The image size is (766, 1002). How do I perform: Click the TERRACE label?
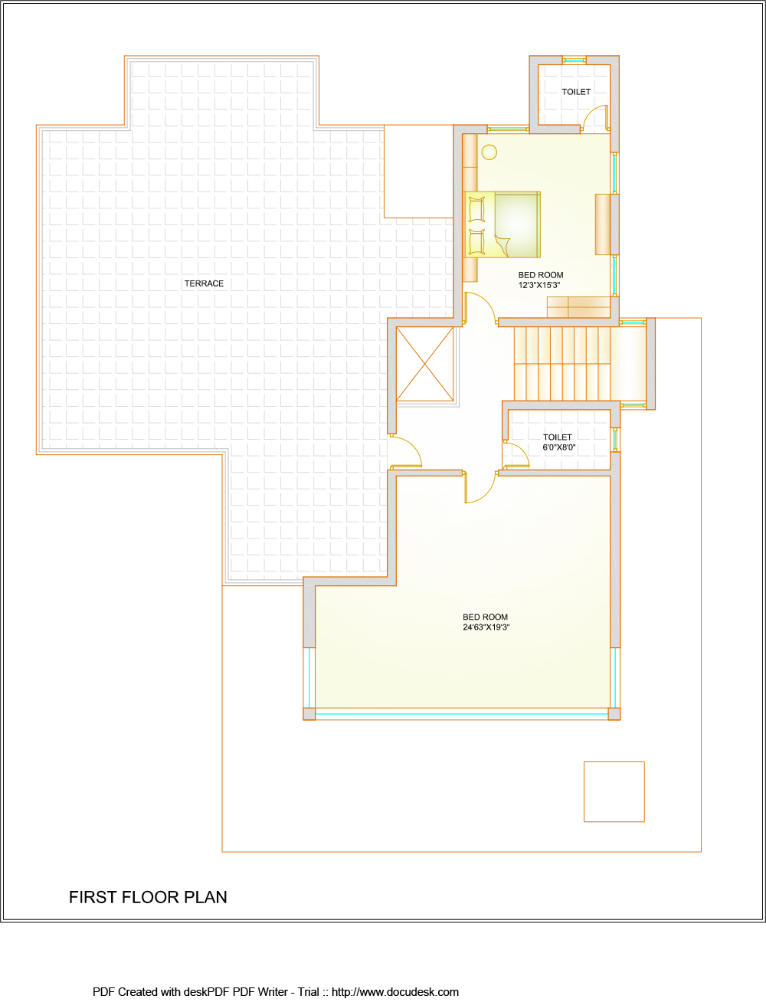tap(204, 283)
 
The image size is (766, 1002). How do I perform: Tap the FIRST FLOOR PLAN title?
tap(148, 897)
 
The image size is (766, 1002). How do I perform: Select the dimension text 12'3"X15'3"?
tap(539, 285)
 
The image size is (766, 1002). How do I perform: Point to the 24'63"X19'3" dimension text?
tap(486, 627)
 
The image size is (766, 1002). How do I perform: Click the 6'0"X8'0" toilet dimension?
tap(558, 447)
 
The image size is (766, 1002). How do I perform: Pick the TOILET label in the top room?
tap(576, 92)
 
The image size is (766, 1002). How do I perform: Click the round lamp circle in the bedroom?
tap(489, 152)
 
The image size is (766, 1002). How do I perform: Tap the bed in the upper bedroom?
tap(502, 224)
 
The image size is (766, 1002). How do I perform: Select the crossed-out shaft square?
tap(425, 364)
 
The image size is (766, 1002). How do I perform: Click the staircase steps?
tap(562, 364)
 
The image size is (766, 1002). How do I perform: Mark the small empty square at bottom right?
tap(614, 792)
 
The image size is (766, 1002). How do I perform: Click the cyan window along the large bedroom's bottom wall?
tap(462, 714)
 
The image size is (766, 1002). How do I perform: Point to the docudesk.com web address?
tap(394, 992)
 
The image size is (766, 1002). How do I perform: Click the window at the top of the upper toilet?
tap(574, 60)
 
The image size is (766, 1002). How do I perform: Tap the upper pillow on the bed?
tap(476, 210)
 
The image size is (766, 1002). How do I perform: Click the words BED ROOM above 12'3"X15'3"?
tap(541, 275)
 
